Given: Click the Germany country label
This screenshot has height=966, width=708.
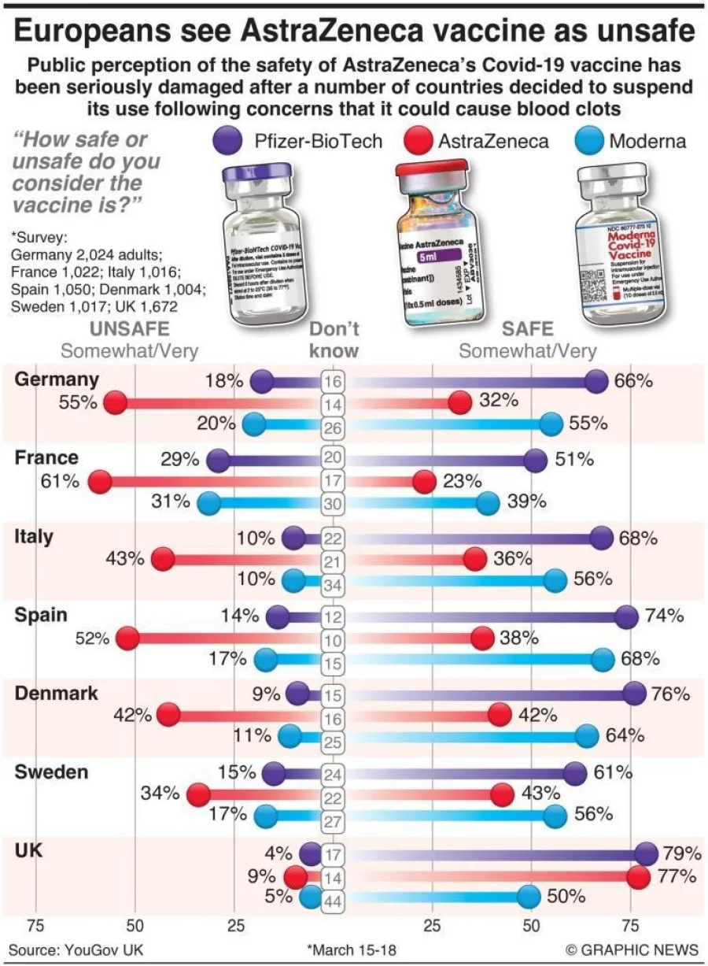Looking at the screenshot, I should [57, 379].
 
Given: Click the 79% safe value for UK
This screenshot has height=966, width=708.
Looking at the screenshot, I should [682, 853].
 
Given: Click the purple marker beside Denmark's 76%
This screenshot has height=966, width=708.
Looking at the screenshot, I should [634, 694].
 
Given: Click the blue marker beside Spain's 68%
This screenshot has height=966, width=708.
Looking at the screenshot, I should [603, 660].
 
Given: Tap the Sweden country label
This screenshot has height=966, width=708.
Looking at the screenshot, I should [52, 772].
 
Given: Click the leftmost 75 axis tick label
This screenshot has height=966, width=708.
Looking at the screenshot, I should [35, 927].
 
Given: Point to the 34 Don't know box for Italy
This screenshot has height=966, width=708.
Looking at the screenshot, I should [333, 584].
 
